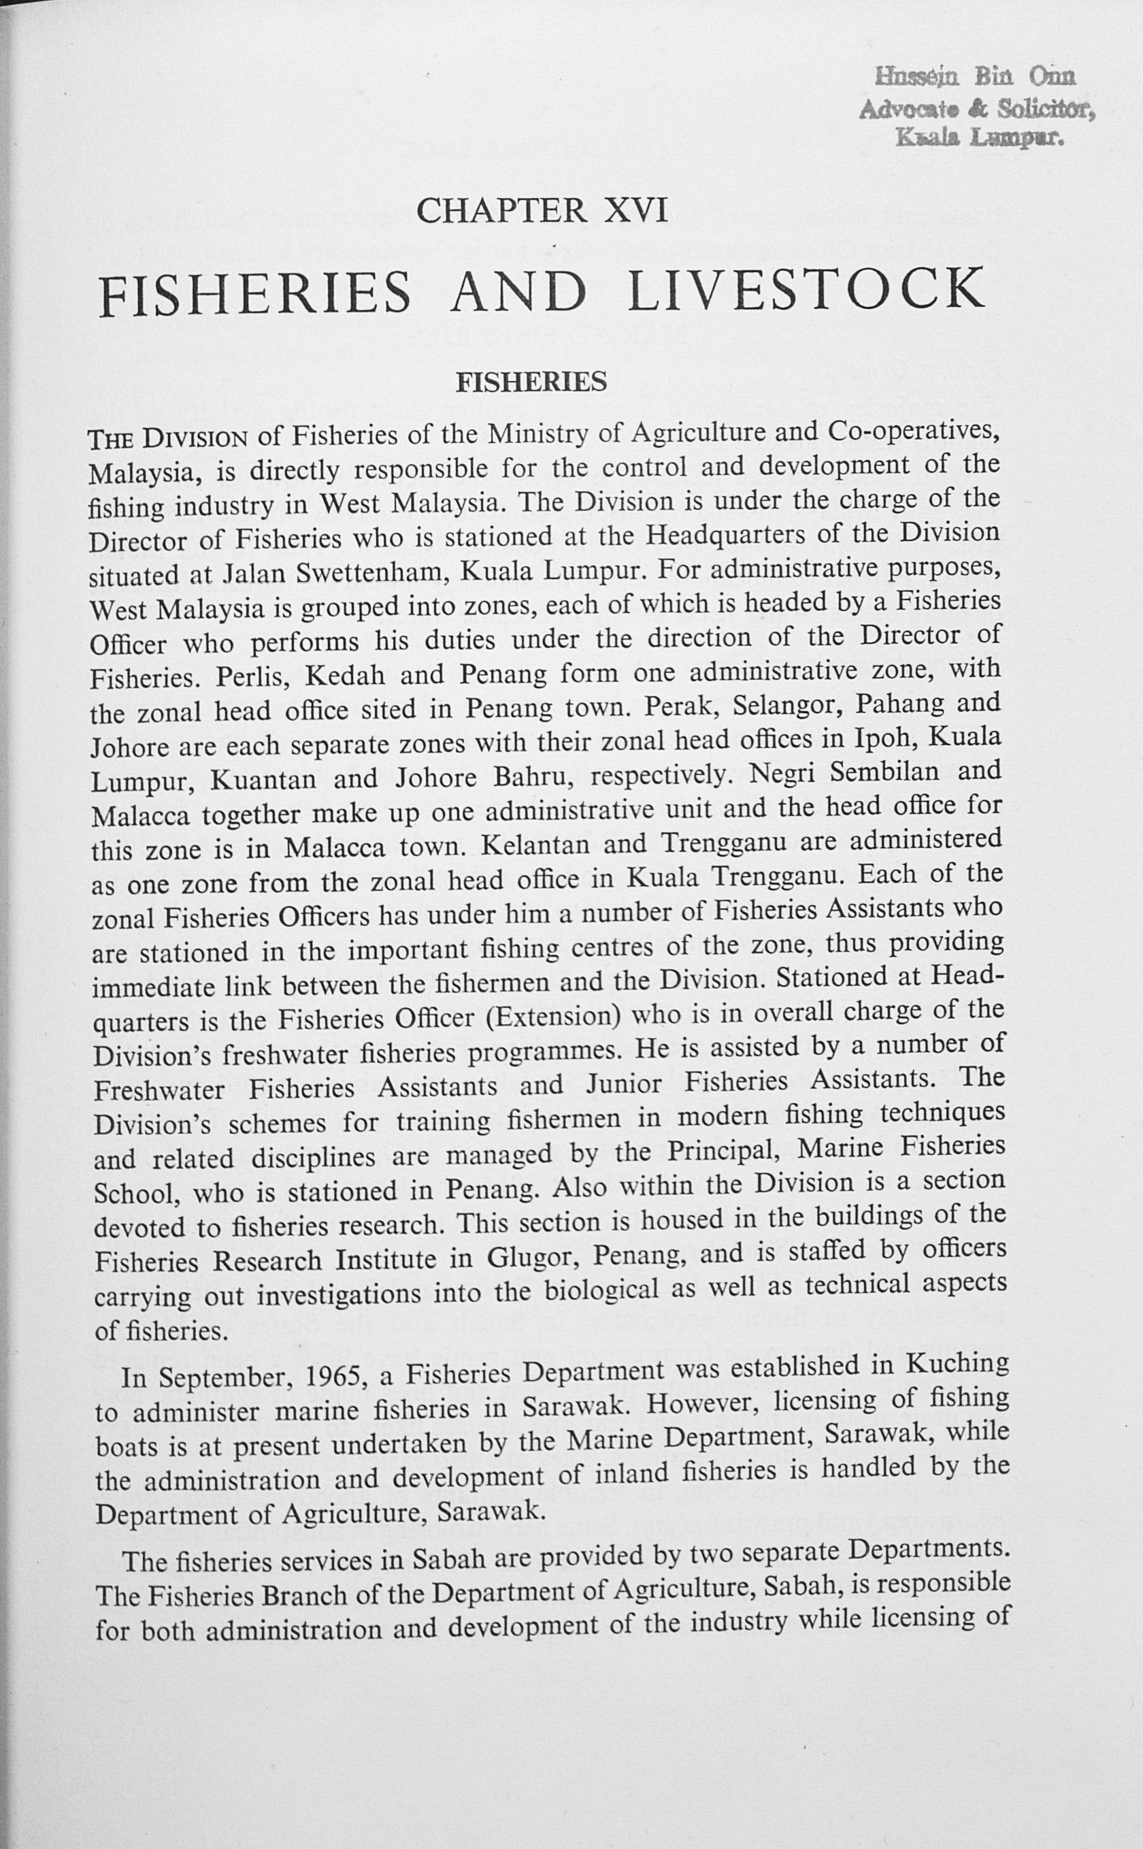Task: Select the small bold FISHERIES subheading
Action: pyautogui.click(x=531, y=382)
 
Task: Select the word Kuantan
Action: pyautogui.click(x=263, y=779)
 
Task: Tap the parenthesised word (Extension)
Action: pyautogui.click(x=553, y=1017)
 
